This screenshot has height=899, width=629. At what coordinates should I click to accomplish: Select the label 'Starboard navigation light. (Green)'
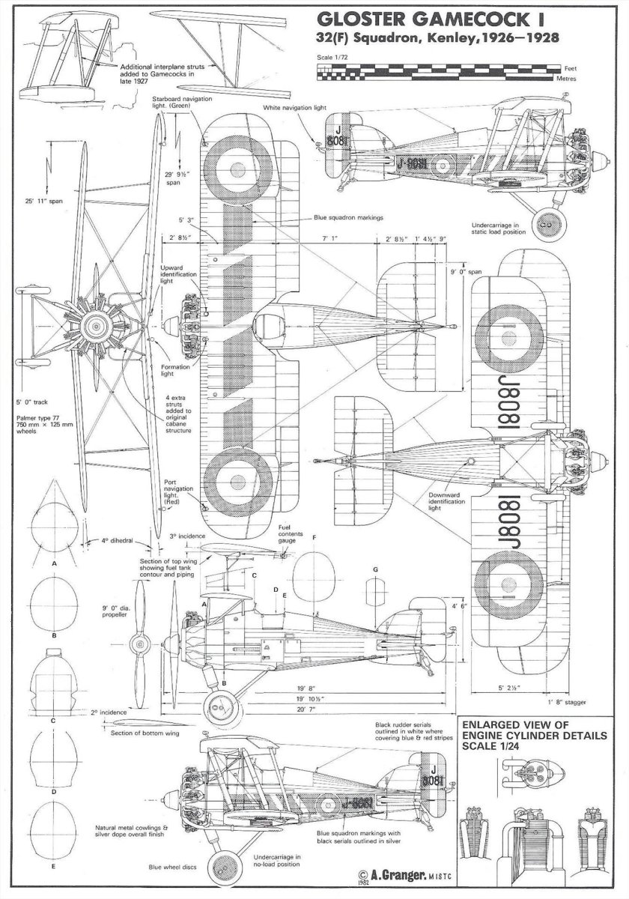(174, 103)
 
